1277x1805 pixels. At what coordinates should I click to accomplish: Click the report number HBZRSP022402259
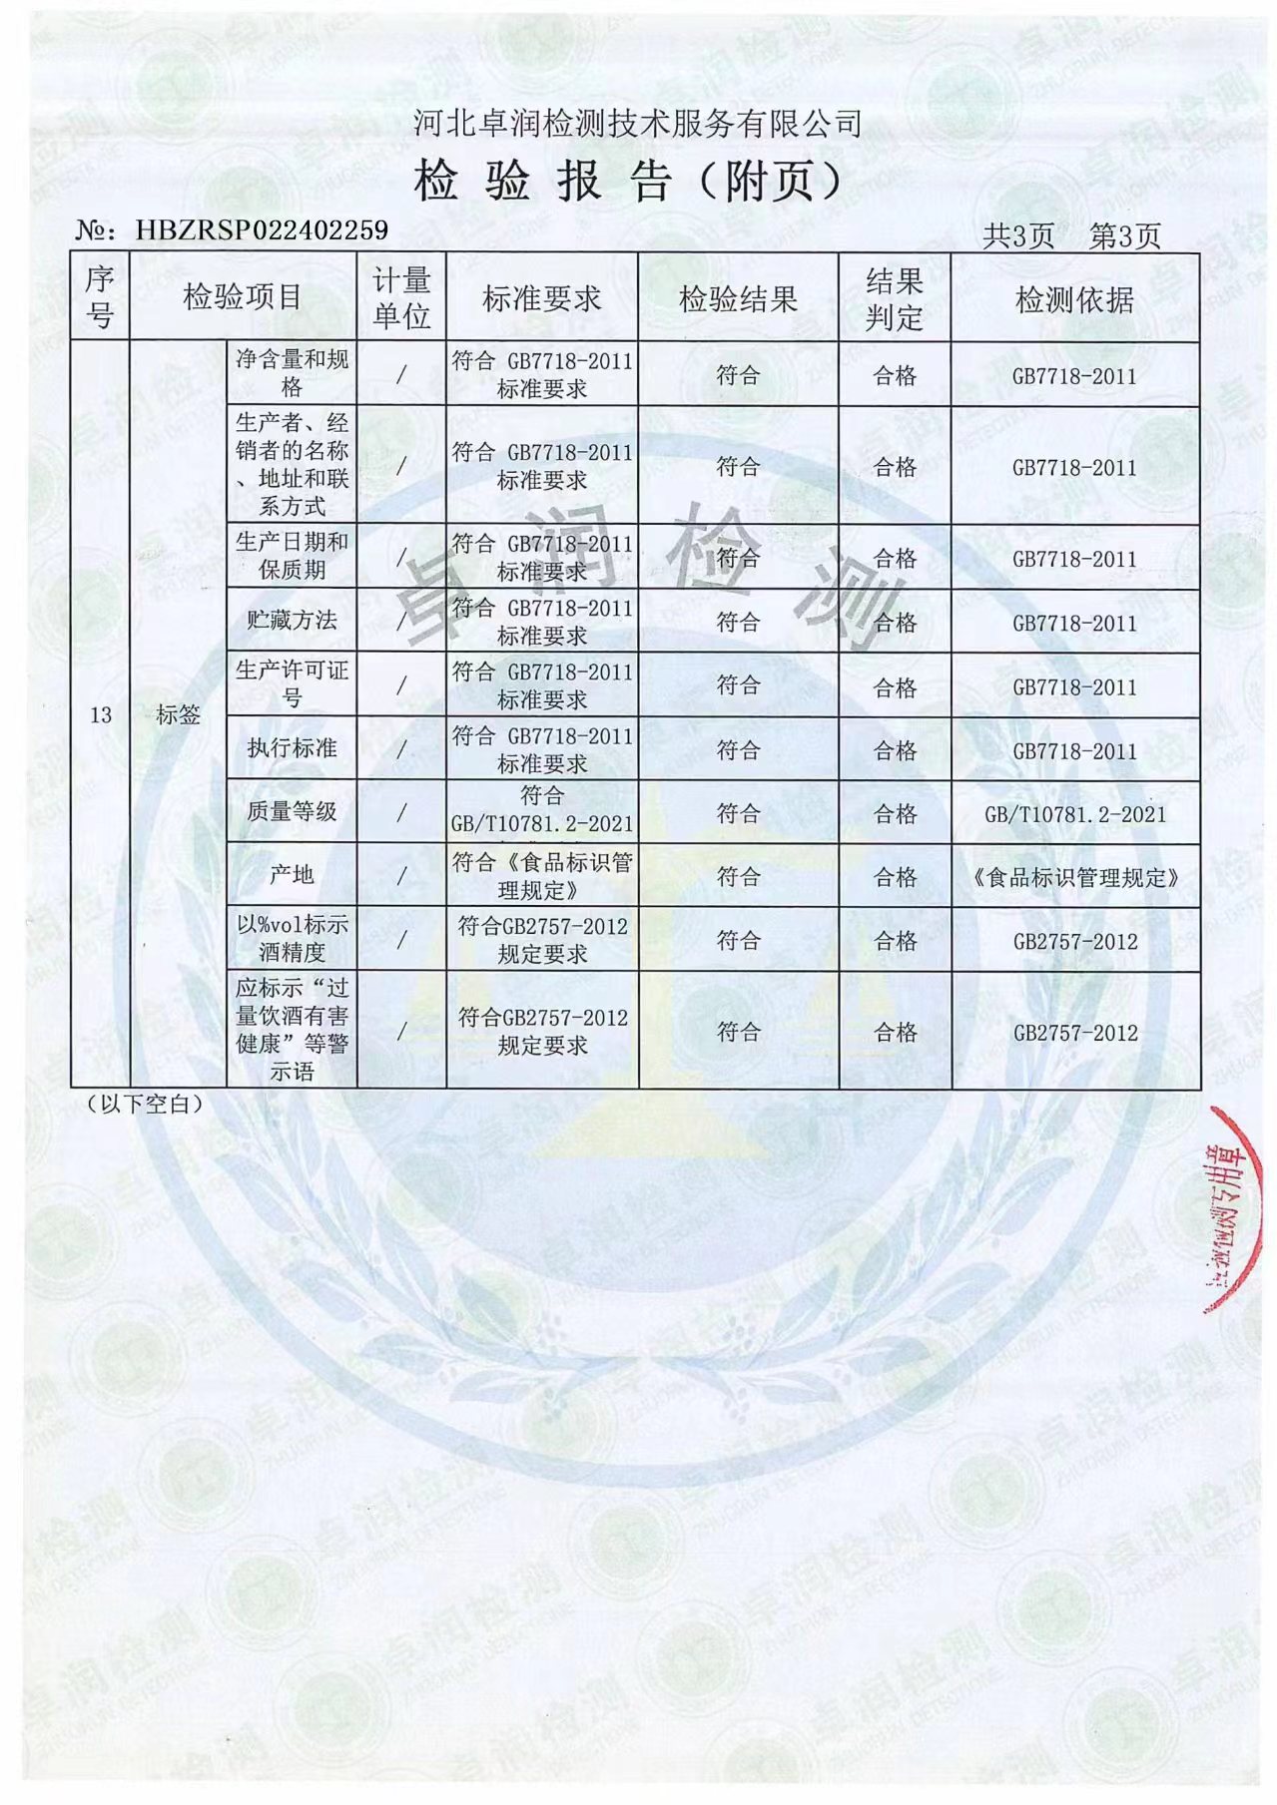pos(261,230)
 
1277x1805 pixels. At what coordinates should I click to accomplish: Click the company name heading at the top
pos(637,124)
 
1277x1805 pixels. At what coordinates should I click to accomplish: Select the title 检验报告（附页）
pos(629,182)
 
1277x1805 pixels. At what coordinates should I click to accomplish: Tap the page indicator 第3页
pos(1125,236)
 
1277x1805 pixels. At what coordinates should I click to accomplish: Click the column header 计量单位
pos(401,297)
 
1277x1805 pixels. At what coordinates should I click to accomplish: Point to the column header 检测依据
pos(1074,298)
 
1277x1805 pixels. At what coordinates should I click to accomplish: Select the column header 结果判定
pos(894,298)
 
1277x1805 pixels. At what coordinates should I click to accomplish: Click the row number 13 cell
pos(101,714)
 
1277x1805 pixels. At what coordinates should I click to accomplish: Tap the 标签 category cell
pos(179,714)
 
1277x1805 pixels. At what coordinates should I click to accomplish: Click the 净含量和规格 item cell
pos(292,373)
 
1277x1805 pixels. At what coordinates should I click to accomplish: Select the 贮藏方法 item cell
pos(292,620)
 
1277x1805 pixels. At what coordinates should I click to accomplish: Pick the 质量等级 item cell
pos(292,811)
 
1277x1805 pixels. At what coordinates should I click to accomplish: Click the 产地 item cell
pos(292,875)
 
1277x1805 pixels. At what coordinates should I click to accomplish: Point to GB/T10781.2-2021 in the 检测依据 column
pos(1074,814)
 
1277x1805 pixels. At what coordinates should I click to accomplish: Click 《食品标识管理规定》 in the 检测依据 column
pos(1074,878)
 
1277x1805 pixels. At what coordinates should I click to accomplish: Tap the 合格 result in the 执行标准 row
pos(895,750)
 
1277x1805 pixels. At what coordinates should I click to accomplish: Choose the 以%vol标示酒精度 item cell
pos(292,939)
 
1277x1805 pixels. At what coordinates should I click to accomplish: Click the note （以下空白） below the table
pos(145,1104)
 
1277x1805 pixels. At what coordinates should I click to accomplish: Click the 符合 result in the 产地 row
pos(738,876)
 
